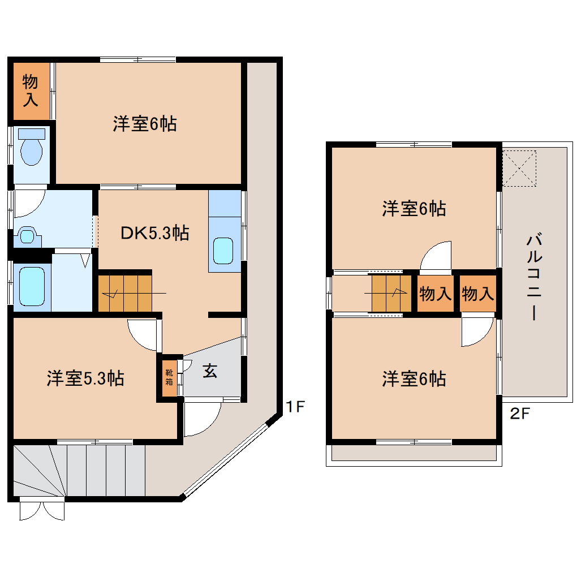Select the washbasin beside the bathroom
[26, 235]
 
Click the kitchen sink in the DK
[223, 251]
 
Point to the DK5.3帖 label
[154, 232]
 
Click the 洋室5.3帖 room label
[85, 378]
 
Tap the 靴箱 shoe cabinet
[169, 377]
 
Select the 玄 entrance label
[209, 371]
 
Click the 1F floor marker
[295, 407]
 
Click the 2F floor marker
[520, 414]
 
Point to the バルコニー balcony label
[532, 277]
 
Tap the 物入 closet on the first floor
[31, 91]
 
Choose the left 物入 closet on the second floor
[435, 294]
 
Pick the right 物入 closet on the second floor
[477, 294]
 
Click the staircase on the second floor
[391, 293]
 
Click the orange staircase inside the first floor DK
[125, 293]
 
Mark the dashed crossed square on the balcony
[519, 167]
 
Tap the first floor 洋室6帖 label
[144, 123]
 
